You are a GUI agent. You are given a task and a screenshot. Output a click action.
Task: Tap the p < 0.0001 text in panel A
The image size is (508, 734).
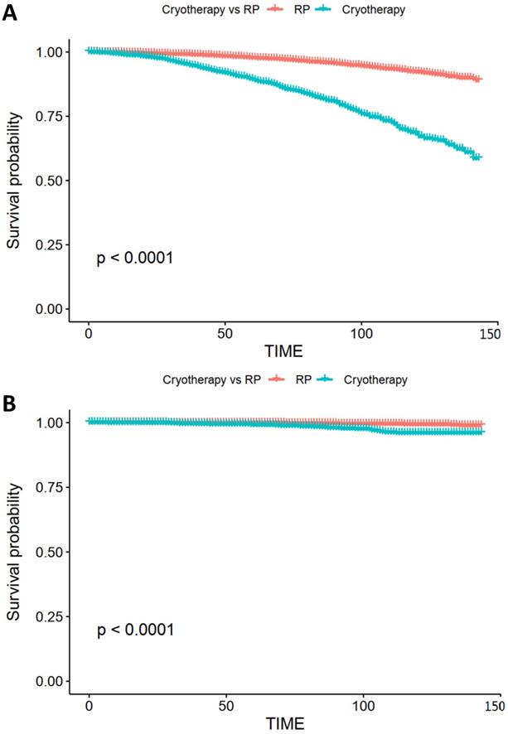[134, 258]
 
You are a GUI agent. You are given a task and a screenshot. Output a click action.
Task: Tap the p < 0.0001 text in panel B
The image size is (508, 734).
[134, 630]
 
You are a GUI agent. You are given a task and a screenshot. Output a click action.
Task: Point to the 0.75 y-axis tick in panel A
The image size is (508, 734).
[50, 116]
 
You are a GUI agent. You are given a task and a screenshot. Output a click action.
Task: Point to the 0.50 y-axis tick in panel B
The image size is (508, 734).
[50, 552]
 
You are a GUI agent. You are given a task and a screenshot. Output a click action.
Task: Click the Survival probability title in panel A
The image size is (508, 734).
[14, 180]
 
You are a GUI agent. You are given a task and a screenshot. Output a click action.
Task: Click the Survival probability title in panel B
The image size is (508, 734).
[14, 552]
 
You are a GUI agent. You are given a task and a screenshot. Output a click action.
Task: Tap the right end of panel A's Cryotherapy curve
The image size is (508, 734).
[477, 156]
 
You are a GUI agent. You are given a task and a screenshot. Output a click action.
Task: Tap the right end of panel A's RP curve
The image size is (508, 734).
[478, 79]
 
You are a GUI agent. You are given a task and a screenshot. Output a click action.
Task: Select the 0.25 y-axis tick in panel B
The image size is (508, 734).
[50, 616]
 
